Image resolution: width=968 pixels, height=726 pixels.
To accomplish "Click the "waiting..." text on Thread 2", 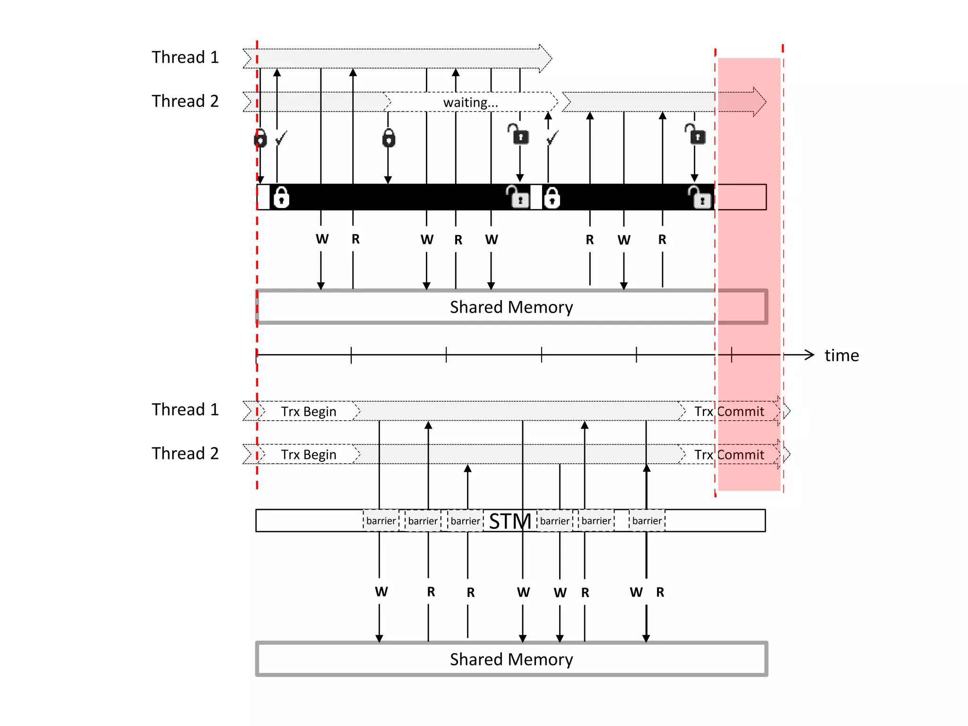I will coord(470,103).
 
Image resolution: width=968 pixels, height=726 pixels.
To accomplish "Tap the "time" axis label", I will coord(841,355).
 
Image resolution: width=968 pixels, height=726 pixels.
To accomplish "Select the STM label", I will coord(510,521).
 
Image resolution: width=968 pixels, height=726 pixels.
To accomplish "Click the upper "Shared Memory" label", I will coord(511,307).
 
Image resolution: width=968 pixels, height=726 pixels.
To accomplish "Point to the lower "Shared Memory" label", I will coord(511,659).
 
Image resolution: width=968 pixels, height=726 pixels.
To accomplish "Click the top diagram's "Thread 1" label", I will coord(185,57).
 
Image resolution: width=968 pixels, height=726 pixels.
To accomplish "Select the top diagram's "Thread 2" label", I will coord(185,101).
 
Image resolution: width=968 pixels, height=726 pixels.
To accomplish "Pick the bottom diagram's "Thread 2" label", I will coord(185,453).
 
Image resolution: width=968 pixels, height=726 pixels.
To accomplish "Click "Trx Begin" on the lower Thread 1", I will coord(309,412).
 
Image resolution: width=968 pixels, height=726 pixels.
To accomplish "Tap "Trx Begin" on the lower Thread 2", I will coord(309,455).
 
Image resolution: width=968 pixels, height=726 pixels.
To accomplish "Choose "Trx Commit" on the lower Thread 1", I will coord(729,412).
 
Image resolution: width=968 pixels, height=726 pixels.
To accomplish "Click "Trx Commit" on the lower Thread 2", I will coord(729,455).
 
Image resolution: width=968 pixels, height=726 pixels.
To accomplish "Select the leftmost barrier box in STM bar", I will coord(381,521).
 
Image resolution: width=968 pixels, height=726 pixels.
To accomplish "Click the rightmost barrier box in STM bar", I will coord(647,521).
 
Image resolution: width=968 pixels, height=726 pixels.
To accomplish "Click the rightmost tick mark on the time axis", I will coord(732,355).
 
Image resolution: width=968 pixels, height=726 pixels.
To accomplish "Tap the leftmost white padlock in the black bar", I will coord(281,197).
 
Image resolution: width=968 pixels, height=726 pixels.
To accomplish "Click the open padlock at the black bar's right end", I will coord(700,197).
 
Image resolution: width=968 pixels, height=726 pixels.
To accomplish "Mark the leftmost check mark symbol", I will coord(281,138).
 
